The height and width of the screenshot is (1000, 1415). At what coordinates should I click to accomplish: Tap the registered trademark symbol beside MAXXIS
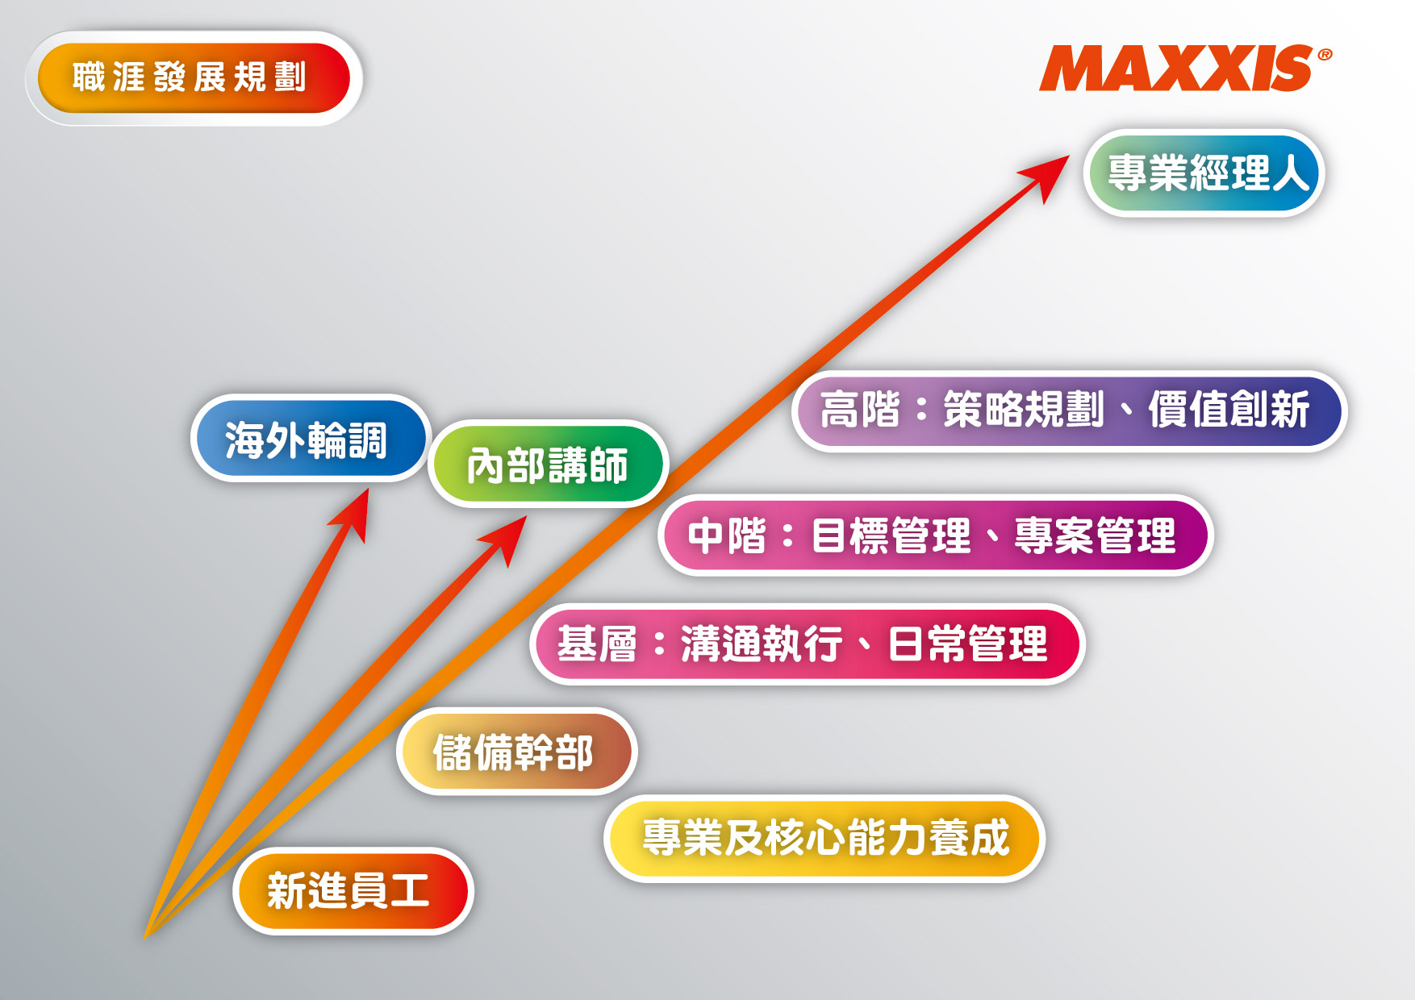[x=1325, y=55]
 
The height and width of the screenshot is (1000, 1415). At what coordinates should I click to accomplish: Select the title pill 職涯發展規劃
[x=194, y=78]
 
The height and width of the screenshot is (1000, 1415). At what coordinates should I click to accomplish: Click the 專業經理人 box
[x=1204, y=173]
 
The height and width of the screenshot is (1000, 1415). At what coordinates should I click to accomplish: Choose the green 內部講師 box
[x=548, y=465]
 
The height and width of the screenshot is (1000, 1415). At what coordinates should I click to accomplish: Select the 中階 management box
[x=936, y=535]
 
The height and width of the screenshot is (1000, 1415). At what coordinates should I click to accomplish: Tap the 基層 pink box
[x=808, y=644]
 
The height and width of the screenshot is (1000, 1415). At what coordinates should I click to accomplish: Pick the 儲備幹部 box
[x=517, y=752]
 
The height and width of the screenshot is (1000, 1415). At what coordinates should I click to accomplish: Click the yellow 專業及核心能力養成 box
[x=824, y=839]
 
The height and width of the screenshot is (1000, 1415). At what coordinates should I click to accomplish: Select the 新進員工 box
[x=353, y=891]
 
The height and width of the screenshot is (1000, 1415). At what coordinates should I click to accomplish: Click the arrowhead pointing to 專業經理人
[x=1046, y=177]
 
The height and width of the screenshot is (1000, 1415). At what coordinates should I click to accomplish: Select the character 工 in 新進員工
[x=410, y=891]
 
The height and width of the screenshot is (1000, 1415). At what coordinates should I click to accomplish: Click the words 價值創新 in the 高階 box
[x=1229, y=410]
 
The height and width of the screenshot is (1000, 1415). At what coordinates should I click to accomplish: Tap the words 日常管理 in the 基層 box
[x=968, y=644]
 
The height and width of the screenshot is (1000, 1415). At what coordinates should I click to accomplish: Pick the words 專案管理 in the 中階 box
[x=1095, y=535]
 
